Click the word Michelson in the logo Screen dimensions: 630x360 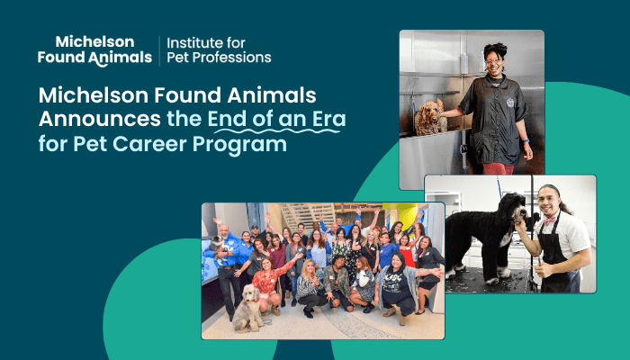[x=94, y=41]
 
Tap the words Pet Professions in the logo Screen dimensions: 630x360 [x=219, y=58]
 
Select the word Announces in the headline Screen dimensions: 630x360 [x=100, y=120]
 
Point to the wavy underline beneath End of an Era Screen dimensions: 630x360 [x=277, y=131]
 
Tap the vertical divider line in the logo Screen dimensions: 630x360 [x=159, y=50]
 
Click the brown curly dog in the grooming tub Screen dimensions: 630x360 [x=430, y=117]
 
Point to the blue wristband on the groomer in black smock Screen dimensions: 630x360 [x=526, y=141]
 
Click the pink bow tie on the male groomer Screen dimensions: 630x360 [x=550, y=220]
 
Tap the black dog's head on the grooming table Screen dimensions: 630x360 [x=513, y=206]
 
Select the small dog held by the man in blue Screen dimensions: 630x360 [x=219, y=248]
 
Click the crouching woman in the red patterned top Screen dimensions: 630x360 [x=269, y=283]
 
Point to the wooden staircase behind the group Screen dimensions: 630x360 [x=308, y=214]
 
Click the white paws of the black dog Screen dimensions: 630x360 [x=474, y=275]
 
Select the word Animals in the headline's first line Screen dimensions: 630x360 [x=272, y=95]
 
